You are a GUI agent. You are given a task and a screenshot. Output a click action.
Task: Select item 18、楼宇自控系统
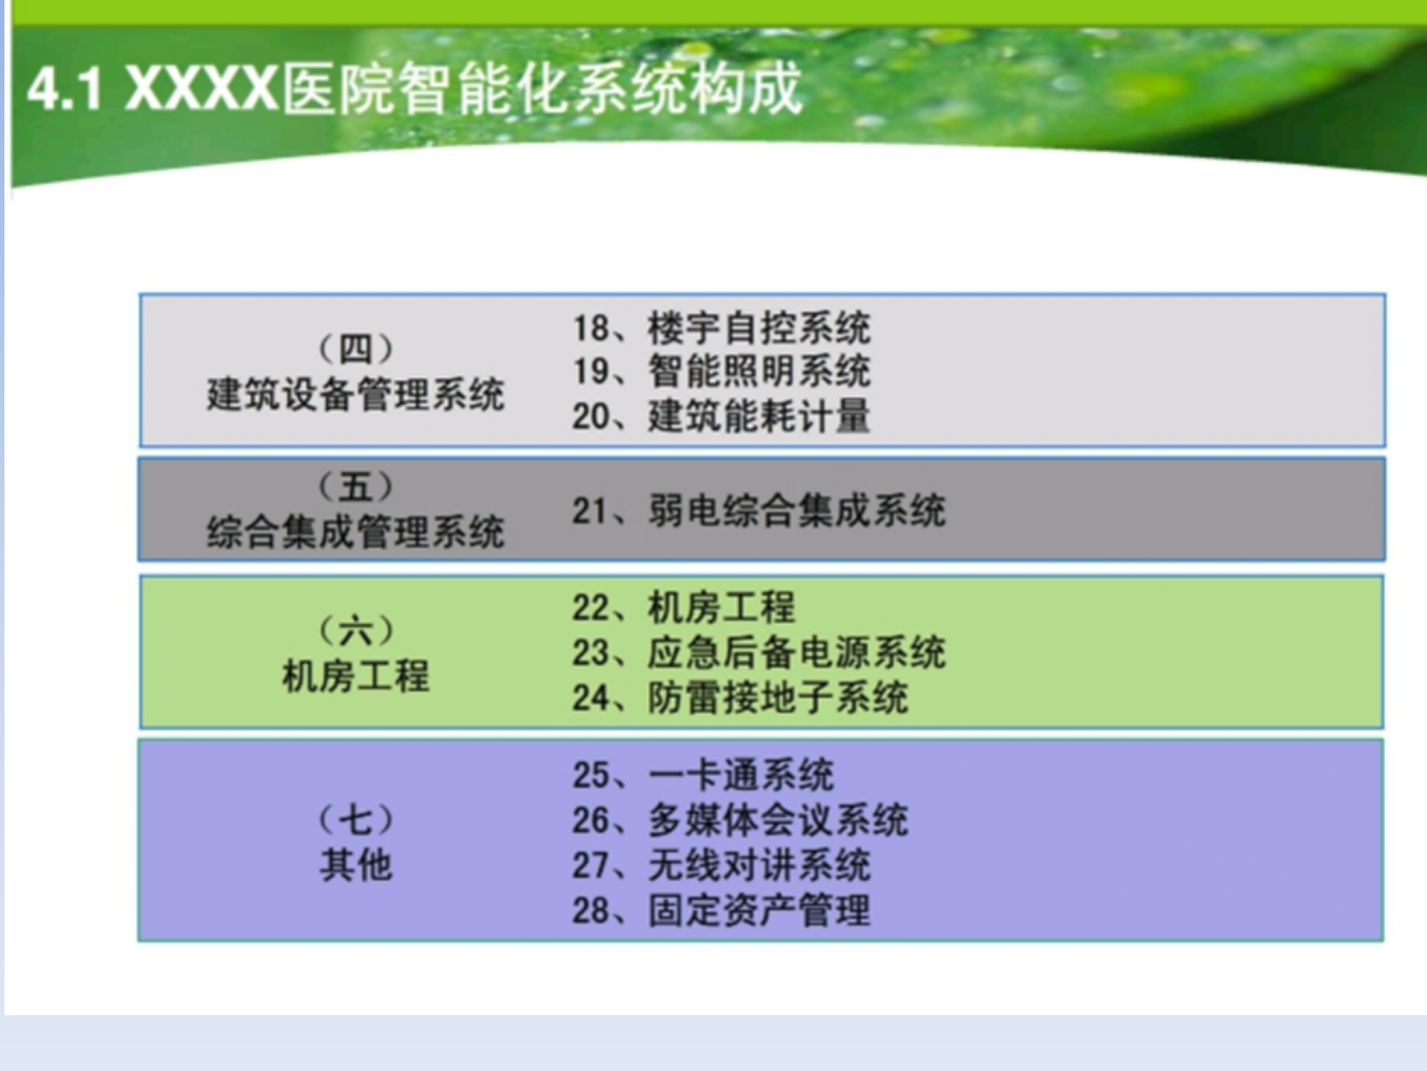(x=721, y=328)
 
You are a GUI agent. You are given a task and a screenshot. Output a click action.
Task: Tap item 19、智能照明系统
(x=721, y=371)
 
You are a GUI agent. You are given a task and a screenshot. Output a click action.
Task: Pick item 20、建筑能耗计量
(x=721, y=416)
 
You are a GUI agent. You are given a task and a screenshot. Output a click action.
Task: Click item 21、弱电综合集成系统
(x=758, y=511)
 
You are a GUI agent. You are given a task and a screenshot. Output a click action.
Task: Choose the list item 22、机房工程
(x=684, y=608)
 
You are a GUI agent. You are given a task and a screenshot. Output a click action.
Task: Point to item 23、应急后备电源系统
(x=758, y=652)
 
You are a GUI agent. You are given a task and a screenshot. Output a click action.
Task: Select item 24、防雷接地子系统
(x=740, y=698)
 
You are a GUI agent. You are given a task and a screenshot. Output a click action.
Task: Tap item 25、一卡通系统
(x=702, y=775)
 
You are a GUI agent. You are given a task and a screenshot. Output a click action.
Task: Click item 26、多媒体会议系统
(x=740, y=820)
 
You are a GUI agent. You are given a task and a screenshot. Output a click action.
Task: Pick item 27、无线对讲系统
(x=721, y=865)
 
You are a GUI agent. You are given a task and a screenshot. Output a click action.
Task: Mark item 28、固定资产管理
(x=721, y=910)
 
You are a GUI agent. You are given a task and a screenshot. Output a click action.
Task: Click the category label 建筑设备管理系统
(x=355, y=394)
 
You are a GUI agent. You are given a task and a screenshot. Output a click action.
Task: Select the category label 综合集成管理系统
(x=355, y=533)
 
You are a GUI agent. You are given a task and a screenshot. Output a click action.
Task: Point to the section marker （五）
(x=355, y=487)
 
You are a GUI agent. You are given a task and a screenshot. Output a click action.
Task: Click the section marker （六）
(x=355, y=631)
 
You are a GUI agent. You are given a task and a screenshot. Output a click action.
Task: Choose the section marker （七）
(x=355, y=820)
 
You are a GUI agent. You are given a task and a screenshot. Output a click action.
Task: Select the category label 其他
(x=355, y=865)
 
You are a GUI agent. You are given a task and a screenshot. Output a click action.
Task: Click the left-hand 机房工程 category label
(x=355, y=677)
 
